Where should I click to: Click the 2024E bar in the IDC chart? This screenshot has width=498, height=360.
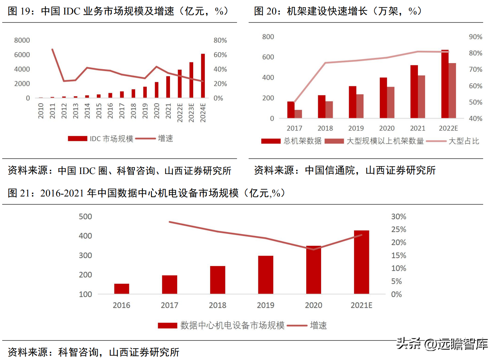click(x=203, y=76)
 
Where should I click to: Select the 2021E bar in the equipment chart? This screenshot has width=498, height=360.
click(x=361, y=262)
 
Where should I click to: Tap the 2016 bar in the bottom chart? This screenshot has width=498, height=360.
click(x=121, y=289)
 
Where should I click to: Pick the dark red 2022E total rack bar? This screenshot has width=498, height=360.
click(x=445, y=84)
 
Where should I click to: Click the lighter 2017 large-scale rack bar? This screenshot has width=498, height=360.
click(x=298, y=114)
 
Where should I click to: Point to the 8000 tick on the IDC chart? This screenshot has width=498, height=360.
click(x=22, y=40)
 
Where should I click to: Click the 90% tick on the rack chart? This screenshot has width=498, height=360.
click(x=475, y=37)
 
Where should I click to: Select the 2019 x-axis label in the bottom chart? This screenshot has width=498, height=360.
click(x=265, y=305)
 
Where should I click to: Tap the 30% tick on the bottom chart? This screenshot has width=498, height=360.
click(x=398, y=217)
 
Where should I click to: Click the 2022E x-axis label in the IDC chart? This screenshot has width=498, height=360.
click(x=180, y=112)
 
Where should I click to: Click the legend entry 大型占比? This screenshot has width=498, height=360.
click(x=464, y=141)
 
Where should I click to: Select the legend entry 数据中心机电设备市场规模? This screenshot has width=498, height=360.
click(x=232, y=326)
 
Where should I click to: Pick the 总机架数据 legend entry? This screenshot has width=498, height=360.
click(x=302, y=141)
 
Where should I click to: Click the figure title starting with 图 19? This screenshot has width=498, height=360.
click(x=118, y=11)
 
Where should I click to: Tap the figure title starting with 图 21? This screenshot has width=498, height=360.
click(x=146, y=193)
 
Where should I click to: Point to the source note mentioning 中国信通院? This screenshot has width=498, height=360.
click(x=345, y=170)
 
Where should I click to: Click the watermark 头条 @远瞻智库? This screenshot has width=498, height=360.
click(x=442, y=344)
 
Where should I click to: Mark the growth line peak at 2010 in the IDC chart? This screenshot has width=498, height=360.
click(x=53, y=49)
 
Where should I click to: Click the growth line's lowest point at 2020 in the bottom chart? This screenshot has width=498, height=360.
click(x=314, y=249)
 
